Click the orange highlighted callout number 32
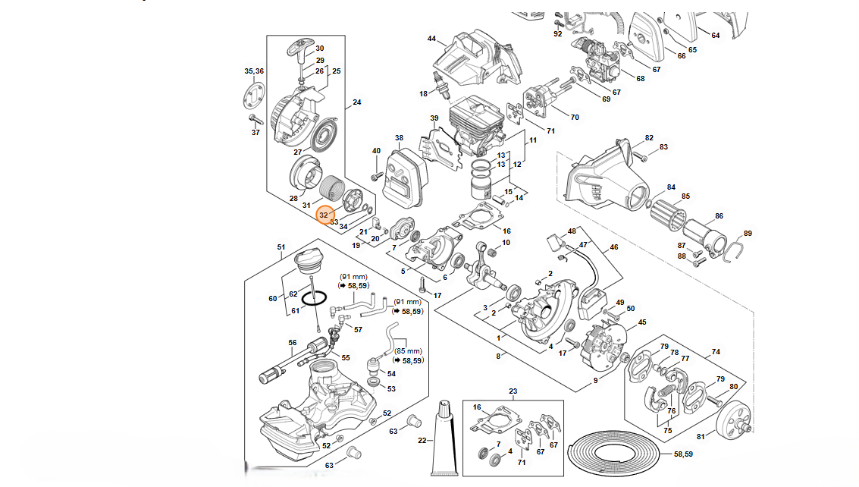pyautogui.click(x=324, y=215)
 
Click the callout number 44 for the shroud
pyautogui.click(x=431, y=39)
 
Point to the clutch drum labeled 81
pyautogui.click(x=732, y=423)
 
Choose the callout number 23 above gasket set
pyautogui.click(x=513, y=391)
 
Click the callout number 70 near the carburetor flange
pyautogui.click(x=575, y=117)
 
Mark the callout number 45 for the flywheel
pyautogui.click(x=642, y=322)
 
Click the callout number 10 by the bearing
pyautogui.click(x=506, y=243)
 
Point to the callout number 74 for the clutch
pyautogui.click(x=716, y=352)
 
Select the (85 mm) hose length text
pyautogui.click(x=409, y=351)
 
